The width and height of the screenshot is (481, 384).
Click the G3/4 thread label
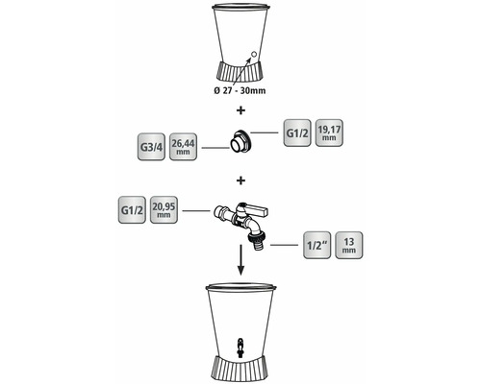[x=151, y=147]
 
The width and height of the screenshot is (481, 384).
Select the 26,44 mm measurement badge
[x=183, y=147]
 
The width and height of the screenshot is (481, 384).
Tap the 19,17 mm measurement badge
[x=329, y=133]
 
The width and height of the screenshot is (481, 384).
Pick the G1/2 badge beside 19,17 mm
[x=297, y=133]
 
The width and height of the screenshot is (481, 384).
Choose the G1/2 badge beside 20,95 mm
[x=132, y=210]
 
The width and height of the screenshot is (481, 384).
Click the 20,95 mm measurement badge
[x=164, y=210]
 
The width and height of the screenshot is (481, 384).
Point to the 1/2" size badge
[x=316, y=245]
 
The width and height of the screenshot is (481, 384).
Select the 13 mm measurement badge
[x=349, y=245]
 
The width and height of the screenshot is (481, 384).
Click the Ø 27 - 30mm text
[x=240, y=90]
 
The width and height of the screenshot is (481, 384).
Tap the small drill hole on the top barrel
[x=253, y=54]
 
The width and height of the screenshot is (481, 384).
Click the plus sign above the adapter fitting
[x=240, y=110]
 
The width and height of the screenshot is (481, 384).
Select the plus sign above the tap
[x=240, y=180]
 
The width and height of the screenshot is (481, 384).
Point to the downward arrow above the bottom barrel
[x=240, y=259]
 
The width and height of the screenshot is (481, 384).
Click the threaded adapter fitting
[x=240, y=141]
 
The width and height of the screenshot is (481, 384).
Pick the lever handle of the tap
[x=255, y=209]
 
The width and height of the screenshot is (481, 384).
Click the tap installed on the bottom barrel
[x=240, y=347]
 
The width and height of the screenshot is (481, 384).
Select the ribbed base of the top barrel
[x=240, y=71]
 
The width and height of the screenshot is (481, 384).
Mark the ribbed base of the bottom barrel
[x=240, y=369]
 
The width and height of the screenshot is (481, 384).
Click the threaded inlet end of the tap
[x=219, y=210]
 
